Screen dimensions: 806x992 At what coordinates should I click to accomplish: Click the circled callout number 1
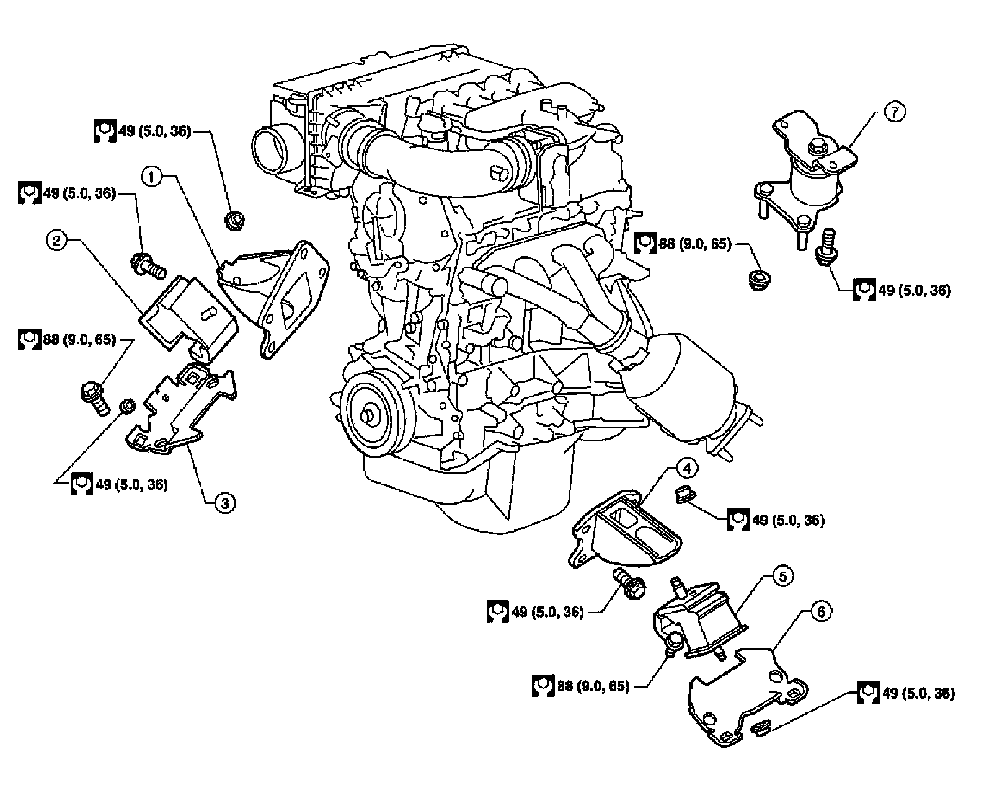click(154, 177)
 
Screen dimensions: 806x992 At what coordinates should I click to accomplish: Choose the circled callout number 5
click(782, 577)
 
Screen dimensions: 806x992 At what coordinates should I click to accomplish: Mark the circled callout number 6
click(820, 613)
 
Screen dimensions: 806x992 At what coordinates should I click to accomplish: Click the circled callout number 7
click(895, 112)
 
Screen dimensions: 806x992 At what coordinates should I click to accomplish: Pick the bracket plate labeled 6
click(744, 694)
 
